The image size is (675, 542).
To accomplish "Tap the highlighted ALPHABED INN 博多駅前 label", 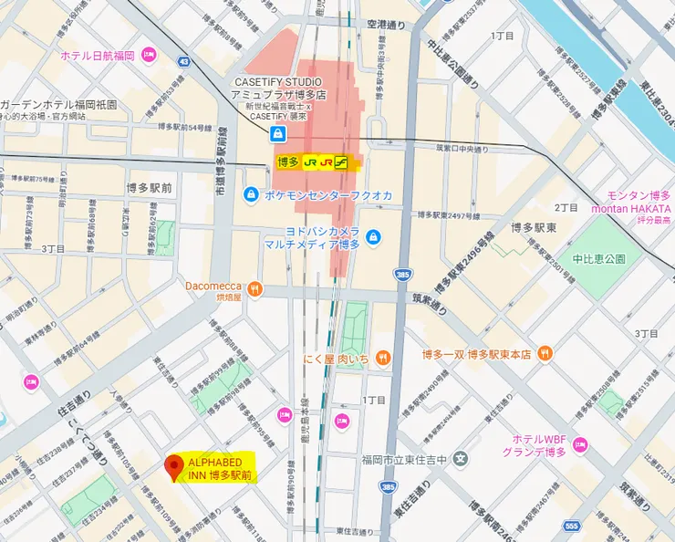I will (219, 467).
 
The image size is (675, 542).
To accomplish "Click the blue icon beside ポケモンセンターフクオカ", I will (250, 194).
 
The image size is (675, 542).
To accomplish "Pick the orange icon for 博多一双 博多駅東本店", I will (545, 353).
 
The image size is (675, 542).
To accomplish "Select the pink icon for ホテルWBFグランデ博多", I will (580, 445).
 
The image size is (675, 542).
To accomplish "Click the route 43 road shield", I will (184, 62).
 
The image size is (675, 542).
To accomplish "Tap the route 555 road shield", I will (571, 527).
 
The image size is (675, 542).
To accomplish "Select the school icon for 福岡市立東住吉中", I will (462, 457).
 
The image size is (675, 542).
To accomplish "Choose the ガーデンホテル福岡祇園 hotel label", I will (58, 104).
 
